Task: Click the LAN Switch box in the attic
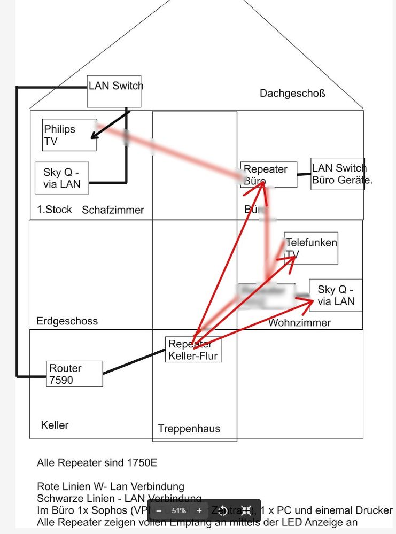point(114,91)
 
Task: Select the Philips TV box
point(69,135)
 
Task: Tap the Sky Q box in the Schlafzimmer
point(61,178)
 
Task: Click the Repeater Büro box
point(269,175)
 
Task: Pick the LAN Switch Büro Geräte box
point(338,174)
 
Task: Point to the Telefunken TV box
point(311,248)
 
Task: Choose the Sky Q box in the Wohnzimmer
point(336,295)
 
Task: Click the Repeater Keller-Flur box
point(193,350)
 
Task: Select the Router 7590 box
point(74,374)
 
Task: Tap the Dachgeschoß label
point(292,94)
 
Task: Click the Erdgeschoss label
point(67,321)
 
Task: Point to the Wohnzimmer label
point(299,323)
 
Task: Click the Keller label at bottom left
point(55,425)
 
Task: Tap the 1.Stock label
point(55,210)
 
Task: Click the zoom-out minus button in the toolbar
point(158,510)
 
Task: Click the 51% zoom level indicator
point(178,510)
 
